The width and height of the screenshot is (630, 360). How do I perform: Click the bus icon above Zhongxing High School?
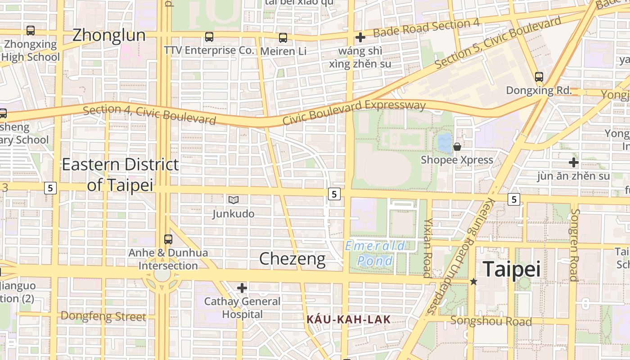(x=31, y=31)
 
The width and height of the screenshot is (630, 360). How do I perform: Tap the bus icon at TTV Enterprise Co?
(x=209, y=37)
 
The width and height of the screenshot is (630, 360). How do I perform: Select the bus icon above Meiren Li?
(x=283, y=38)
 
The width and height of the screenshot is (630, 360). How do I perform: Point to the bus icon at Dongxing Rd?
(x=539, y=77)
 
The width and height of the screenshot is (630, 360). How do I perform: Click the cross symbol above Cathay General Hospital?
(x=242, y=288)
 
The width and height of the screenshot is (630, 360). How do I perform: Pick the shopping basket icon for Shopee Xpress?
(x=457, y=147)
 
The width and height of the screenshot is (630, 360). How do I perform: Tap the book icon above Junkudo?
(x=233, y=200)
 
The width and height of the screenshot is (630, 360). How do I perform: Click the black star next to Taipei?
(x=473, y=282)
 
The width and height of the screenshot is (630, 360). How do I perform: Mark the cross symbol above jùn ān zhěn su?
(x=573, y=162)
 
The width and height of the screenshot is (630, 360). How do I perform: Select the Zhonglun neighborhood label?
(x=109, y=35)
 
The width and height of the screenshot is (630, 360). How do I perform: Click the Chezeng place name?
(x=292, y=259)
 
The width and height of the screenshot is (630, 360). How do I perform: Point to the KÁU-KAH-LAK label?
(x=348, y=320)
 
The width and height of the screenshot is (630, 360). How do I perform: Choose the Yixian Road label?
(x=428, y=248)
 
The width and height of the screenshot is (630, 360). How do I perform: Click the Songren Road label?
(x=574, y=245)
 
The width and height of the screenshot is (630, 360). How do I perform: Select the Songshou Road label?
(x=491, y=321)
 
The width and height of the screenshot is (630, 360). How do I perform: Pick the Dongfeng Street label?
(x=103, y=316)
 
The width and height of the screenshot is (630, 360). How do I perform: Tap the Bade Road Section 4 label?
(x=426, y=28)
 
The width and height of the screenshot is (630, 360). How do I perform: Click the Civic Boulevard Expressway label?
(x=354, y=112)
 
